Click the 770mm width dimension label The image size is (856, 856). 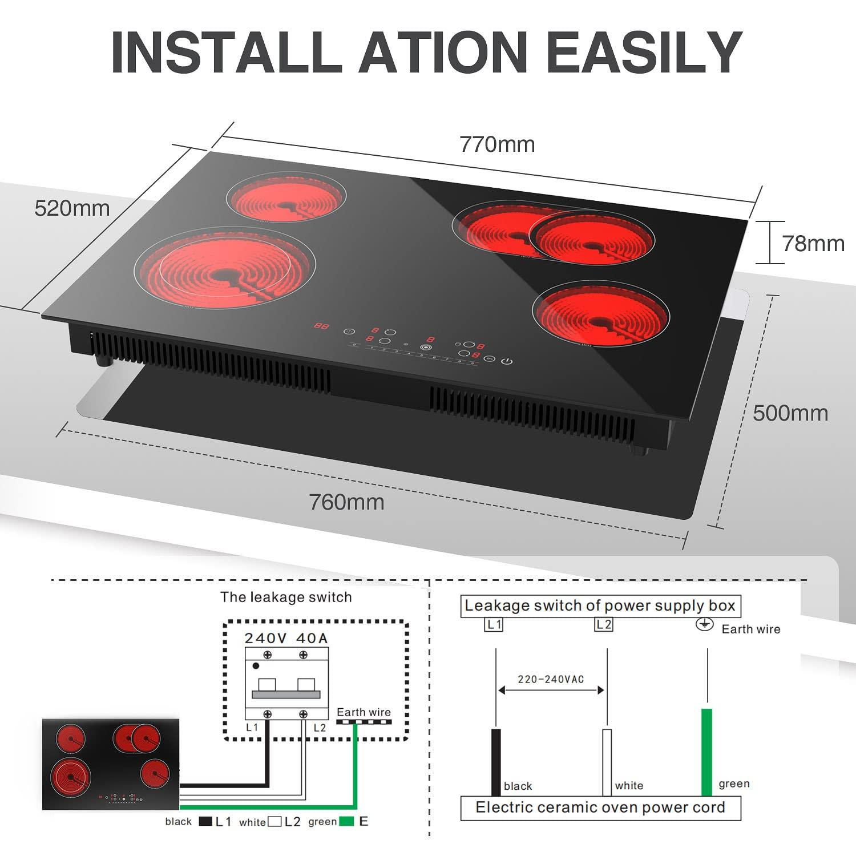coord(497,144)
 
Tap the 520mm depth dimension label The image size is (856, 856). coord(72,208)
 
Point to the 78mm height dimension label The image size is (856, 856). coord(813,244)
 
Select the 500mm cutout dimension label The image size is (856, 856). coord(790,413)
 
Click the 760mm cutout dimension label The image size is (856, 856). coord(346,502)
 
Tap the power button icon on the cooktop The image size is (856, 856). coord(507,361)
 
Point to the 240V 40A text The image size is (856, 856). coord(286,638)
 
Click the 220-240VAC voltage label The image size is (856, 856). coord(550,679)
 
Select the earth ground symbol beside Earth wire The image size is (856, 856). coord(705,624)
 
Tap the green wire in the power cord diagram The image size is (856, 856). coord(706,752)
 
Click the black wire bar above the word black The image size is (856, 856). coord(496,762)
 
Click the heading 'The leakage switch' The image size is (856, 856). coord(286,597)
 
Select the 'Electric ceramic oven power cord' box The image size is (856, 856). coord(600,807)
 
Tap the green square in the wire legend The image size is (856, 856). coord(346,822)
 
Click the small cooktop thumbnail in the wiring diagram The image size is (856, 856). coord(111,764)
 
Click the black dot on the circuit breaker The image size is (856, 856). coord(256,666)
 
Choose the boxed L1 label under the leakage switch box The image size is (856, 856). coord(494,624)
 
